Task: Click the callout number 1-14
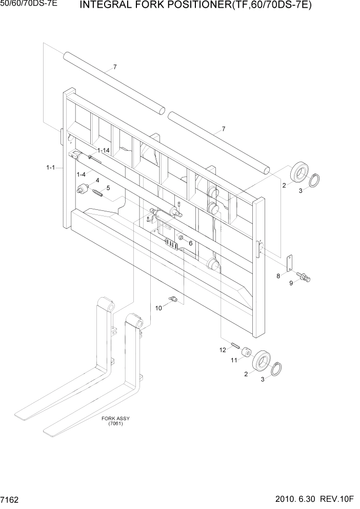click(104, 150)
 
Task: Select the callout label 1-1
click(51, 167)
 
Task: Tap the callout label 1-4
click(81, 175)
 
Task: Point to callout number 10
click(158, 308)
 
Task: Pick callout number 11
click(233, 361)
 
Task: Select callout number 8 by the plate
click(278, 276)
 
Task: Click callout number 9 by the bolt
click(292, 283)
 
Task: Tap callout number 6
click(190, 243)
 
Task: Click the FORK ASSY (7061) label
click(115, 421)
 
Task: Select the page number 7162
click(11, 499)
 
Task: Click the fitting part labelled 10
click(172, 299)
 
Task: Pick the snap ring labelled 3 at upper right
click(316, 180)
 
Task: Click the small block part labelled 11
click(247, 353)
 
